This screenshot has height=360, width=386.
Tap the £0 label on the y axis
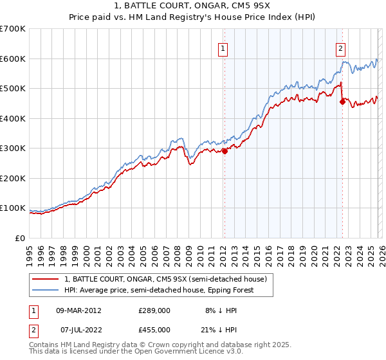[x=21, y=238]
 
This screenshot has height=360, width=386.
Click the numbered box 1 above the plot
[x=223, y=48]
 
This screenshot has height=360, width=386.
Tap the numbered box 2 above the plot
[x=340, y=48]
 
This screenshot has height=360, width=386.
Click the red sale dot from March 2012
[x=225, y=152]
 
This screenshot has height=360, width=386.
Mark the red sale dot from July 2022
[x=342, y=102]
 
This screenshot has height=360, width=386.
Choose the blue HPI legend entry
[x=159, y=290]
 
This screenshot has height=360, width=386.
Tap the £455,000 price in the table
[x=154, y=329]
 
